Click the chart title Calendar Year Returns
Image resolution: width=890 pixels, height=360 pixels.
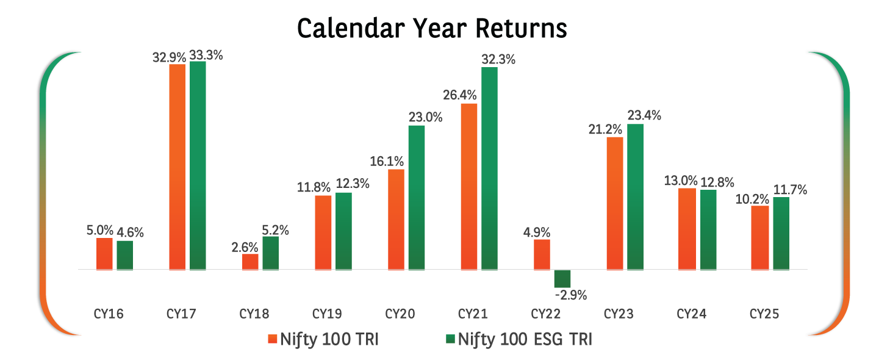tap(432, 29)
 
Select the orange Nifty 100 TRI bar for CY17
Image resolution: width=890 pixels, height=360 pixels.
tap(177, 166)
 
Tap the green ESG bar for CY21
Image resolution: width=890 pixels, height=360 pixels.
tap(489, 168)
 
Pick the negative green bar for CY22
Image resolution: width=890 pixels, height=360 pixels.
tap(562, 278)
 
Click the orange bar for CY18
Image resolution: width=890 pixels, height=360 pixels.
tap(250, 261)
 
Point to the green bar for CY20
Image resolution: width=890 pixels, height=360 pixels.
tap(416, 197)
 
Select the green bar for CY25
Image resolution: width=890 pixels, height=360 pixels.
tap(781, 232)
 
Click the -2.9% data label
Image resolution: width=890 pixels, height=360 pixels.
tap(571, 296)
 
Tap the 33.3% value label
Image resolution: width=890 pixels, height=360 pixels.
tap(206, 55)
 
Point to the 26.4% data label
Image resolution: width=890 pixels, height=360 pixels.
tap(461, 96)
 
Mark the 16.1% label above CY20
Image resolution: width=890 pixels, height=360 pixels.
tap(387, 161)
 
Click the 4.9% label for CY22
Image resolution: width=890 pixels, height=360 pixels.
tap(537, 232)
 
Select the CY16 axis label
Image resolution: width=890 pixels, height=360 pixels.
tap(109, 314)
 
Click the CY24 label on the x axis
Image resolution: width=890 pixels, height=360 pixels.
tap(692, 314)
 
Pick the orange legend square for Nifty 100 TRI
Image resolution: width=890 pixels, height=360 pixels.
tap(272, 339)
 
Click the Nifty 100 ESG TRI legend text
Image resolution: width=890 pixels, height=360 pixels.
tap(525, 339)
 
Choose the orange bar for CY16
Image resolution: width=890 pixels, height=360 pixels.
tap(104, 253)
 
